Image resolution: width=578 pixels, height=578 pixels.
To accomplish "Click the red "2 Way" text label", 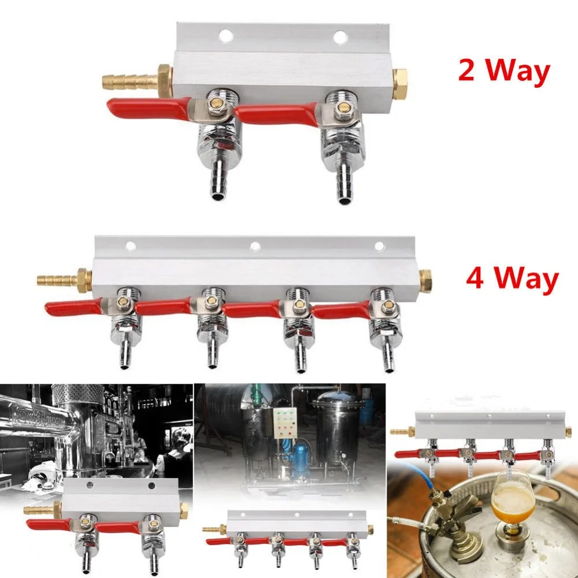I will point(503,72).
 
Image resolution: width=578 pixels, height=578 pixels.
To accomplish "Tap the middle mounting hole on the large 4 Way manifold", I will point(254,246).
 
